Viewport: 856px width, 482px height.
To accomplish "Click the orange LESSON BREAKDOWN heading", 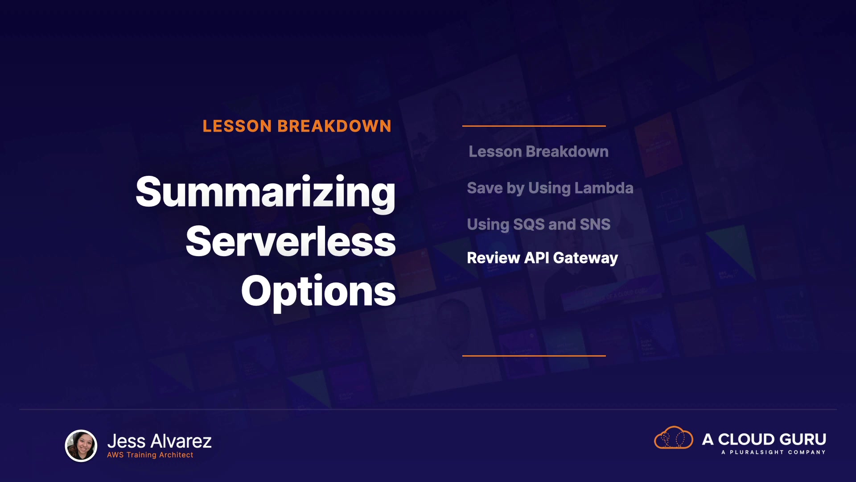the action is (x=297, y=126).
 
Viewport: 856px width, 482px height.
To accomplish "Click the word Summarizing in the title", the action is (x=266, y=193).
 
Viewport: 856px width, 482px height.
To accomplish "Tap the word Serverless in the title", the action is (x=291, y=241).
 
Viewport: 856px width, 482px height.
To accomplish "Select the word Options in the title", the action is (x=318, y=292).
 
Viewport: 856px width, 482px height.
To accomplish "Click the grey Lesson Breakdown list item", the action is (x=539, y=152).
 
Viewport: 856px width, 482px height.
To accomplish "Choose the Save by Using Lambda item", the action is (x=550, y=188).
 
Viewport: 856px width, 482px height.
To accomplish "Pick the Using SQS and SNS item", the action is (x=539, y=224).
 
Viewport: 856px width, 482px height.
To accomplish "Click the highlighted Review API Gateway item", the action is (x=542, y=258).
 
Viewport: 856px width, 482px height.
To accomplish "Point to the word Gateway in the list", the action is (x=585, y=258).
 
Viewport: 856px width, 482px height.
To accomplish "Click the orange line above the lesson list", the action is (x=534, y=126).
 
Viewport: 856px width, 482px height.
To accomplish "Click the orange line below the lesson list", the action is (x=534, y=356).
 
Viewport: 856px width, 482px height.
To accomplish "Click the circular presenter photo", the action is (x=81, y=445).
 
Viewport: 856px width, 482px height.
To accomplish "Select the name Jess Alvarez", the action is (x=159, y=441).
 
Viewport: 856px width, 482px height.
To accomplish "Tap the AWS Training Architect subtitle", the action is (x=150, y=455).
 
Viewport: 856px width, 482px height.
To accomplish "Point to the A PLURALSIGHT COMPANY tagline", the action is (x=774, y=452).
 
